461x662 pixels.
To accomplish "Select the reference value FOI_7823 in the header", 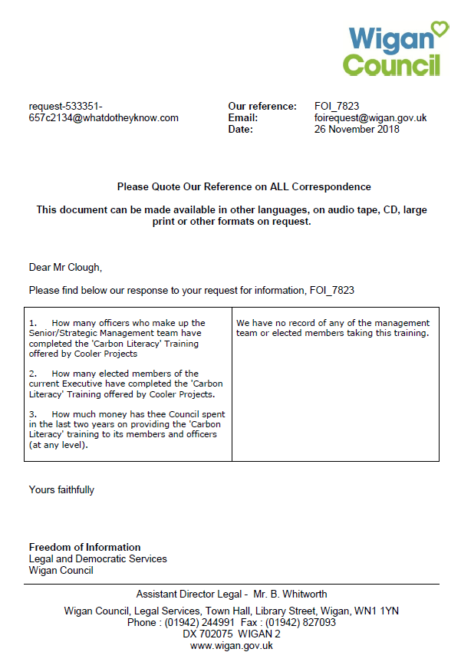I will click(337, 107).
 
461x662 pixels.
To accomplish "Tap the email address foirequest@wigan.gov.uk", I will click(370, 118).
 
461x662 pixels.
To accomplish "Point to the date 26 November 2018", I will click(357, 130).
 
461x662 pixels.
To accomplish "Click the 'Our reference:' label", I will click(262, 107).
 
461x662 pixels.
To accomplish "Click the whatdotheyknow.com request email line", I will click(104, 118).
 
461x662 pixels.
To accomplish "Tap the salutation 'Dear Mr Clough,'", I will click(65, 268).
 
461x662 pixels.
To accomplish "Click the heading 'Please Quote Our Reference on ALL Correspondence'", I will click(244, 186).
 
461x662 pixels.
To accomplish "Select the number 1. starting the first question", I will click(33, 324).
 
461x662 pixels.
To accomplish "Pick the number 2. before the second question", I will click(33, 374).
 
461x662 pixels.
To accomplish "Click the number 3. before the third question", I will click(33, 414).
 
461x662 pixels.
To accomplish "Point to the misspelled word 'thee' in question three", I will click(142, 414).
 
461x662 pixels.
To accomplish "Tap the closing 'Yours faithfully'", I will click(61, 489).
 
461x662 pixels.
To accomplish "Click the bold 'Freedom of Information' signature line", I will click(84, 547).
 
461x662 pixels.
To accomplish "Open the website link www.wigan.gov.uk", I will click(232, 646).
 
